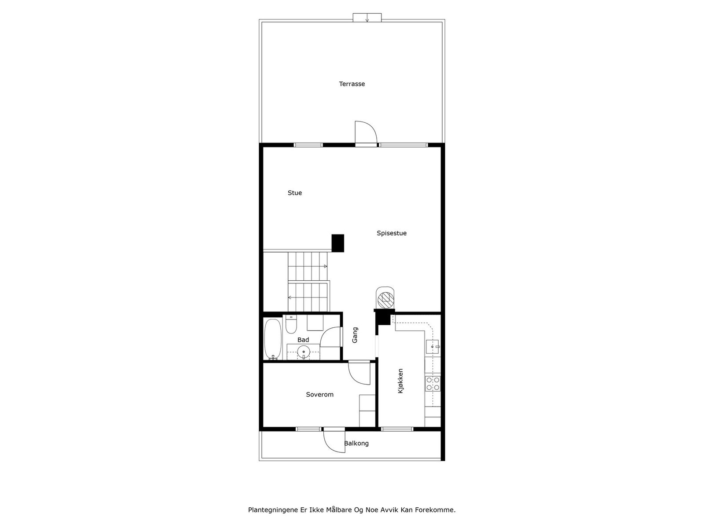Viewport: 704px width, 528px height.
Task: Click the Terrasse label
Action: pyautogui.click(x=352, y=84)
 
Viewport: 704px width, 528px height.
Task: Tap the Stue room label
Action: pyautogui.click(x=294, y=193)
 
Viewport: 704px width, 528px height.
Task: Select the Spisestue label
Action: pyautogui.click(x=391, y=233)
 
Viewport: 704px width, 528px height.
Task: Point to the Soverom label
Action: pyautogui.click(x=319, y=395)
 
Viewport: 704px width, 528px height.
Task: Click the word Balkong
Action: pyautogui.click(x=356, y=444)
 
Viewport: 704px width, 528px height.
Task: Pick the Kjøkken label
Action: pyautogui.click(x=400, y=381)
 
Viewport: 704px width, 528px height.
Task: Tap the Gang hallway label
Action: pyautogui.click(x=355, y=335)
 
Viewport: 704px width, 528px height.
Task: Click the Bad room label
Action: pyautogui.click(x=303, y=340)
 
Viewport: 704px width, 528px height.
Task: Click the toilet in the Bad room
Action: pyautogui.click(x=291, y=324)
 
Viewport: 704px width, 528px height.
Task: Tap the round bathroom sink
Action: pyautogui.click(x=303, y=352)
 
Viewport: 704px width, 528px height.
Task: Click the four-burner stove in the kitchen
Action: pyautogui.click(x=433, y=383)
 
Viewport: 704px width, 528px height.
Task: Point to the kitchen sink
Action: pyautogui.click(x=433, y=347)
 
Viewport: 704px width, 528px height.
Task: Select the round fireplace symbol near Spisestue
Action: pyautogui.click(x=385, y=299)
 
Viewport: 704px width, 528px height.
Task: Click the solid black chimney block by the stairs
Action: pyautogui.click(x=337, y=243)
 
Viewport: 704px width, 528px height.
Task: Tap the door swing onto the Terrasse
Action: pyautogui.click(x=365, y=132)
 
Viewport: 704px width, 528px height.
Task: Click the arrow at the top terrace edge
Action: pyautogui.click(x=367, y=19)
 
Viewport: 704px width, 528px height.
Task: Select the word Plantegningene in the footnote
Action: pyautogui.click(x=273, y=510)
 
